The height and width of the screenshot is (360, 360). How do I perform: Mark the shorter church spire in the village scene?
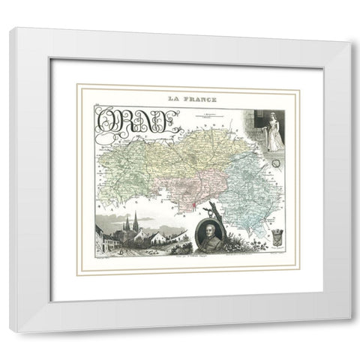click(x=127, y=223)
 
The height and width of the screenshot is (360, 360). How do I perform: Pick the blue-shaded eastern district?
click(x=247, y=191)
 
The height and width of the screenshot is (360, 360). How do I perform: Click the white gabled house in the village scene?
click(x=158, y=239)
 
